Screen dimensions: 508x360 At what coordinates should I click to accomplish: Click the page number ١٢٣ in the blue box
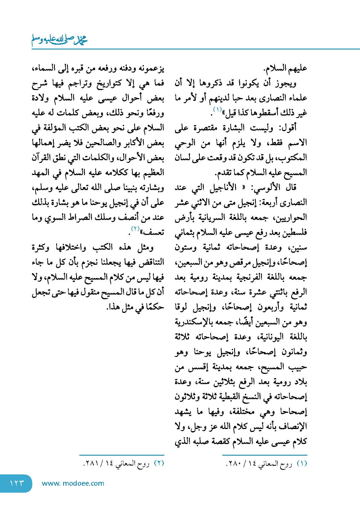click(x=17, y=483)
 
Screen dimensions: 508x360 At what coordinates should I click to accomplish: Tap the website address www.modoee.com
click(x=73, y=483)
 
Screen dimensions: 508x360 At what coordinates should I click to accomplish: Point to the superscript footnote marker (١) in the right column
click(x=217, y=109)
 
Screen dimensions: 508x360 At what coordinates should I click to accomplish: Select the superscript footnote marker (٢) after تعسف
click(x=135, y=229)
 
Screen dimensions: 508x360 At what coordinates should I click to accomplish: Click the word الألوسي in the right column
click(x=264, y=187)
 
